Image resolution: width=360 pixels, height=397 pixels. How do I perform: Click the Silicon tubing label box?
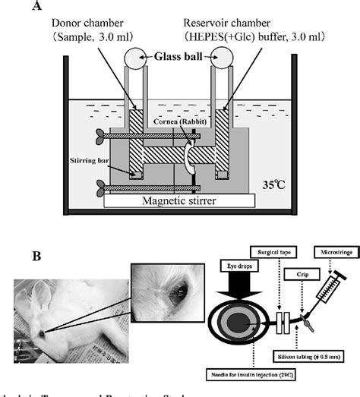(312, 354)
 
